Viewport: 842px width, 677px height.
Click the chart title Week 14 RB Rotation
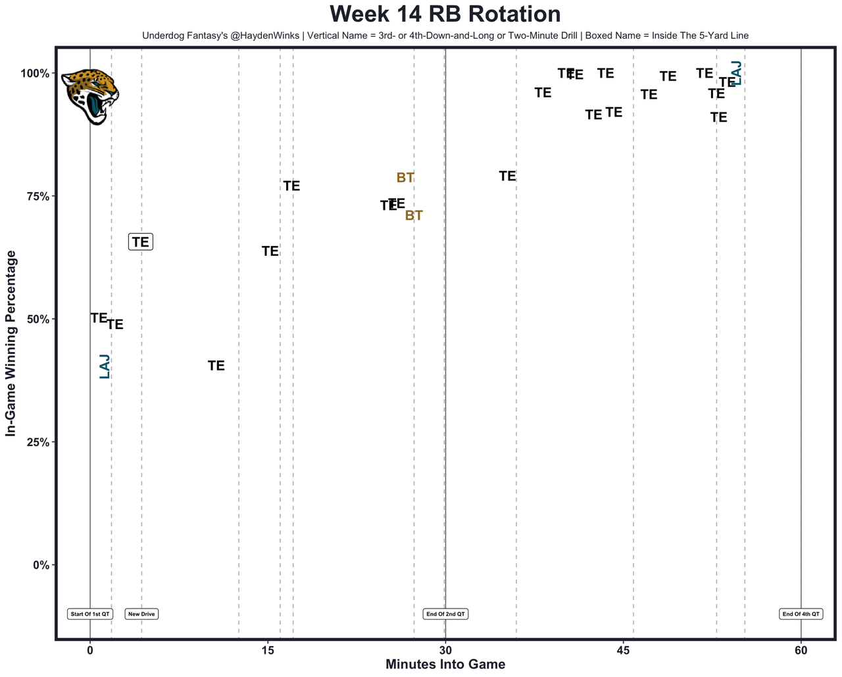(x=445, y=14)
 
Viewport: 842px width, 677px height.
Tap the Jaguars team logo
(x=90, y=96)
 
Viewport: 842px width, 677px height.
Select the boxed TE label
(x=141, y=242)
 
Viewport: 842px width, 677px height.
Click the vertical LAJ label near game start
(x=105, y=366)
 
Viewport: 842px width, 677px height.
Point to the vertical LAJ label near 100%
(x=737, y=73)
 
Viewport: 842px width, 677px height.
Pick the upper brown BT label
(x=405, y=178)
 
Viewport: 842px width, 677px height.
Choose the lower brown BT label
(x=414, y=216)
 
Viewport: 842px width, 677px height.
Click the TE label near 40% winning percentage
(x=216, y=366)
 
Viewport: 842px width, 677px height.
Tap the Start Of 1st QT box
(x=90, y=614)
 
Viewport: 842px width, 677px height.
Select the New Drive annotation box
(x=141, y=614)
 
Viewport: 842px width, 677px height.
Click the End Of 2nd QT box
(x=445, y=614)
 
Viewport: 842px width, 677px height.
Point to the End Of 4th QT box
(x=801, y=614)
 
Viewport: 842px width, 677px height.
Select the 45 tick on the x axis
(x=624, y=651)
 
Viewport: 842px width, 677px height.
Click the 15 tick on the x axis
(x=268, y=651)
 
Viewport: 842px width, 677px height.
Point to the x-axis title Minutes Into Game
(x=445, y=664)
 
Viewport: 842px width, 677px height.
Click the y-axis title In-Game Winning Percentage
(x=11, y=343)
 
